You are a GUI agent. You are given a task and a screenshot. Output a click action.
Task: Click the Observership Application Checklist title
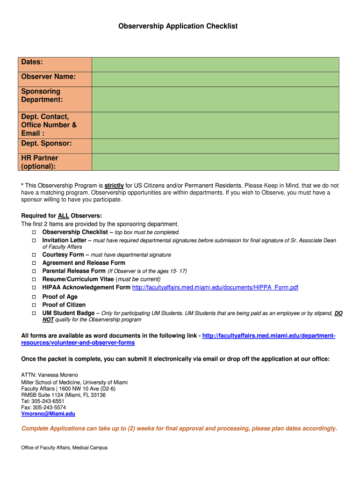(x=178, y=26)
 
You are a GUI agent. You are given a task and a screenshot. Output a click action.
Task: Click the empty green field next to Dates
(x=215, y=65)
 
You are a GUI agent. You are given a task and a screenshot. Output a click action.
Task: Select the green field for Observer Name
(x=215, y=79)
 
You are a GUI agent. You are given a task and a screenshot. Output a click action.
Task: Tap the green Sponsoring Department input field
(x=215, y=99)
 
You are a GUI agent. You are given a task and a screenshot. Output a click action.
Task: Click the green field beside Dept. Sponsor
(x=215, y=146)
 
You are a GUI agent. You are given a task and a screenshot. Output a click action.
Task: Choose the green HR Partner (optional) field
(x=215, y=162)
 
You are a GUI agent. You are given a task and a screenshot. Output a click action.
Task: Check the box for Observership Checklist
(x=34, y=232)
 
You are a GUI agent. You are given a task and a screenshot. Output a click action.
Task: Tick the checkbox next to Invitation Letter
(x=34, y=240)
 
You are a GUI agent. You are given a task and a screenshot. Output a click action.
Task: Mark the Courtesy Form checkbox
(x=34, y=255)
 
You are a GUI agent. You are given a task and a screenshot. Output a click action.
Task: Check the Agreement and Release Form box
(x=34, y=263)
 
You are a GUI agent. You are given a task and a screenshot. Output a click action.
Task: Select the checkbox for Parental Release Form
(x=34, y=271)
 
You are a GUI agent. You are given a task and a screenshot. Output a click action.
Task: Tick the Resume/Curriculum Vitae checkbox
(x=34, y=279)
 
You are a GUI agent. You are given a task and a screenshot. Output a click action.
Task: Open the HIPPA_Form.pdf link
(x=215, y=287)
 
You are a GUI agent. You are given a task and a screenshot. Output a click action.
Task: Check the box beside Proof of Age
(x=34, y=297)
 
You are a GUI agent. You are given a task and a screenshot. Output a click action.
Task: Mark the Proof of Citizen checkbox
(x=34, y=305)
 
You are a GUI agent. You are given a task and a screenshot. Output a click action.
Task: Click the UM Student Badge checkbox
(x=34, y=313)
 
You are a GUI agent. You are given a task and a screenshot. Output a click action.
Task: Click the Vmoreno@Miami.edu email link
(x=48, y=414)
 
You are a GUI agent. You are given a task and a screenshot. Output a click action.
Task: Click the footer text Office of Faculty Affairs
(x=64, y=448)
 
